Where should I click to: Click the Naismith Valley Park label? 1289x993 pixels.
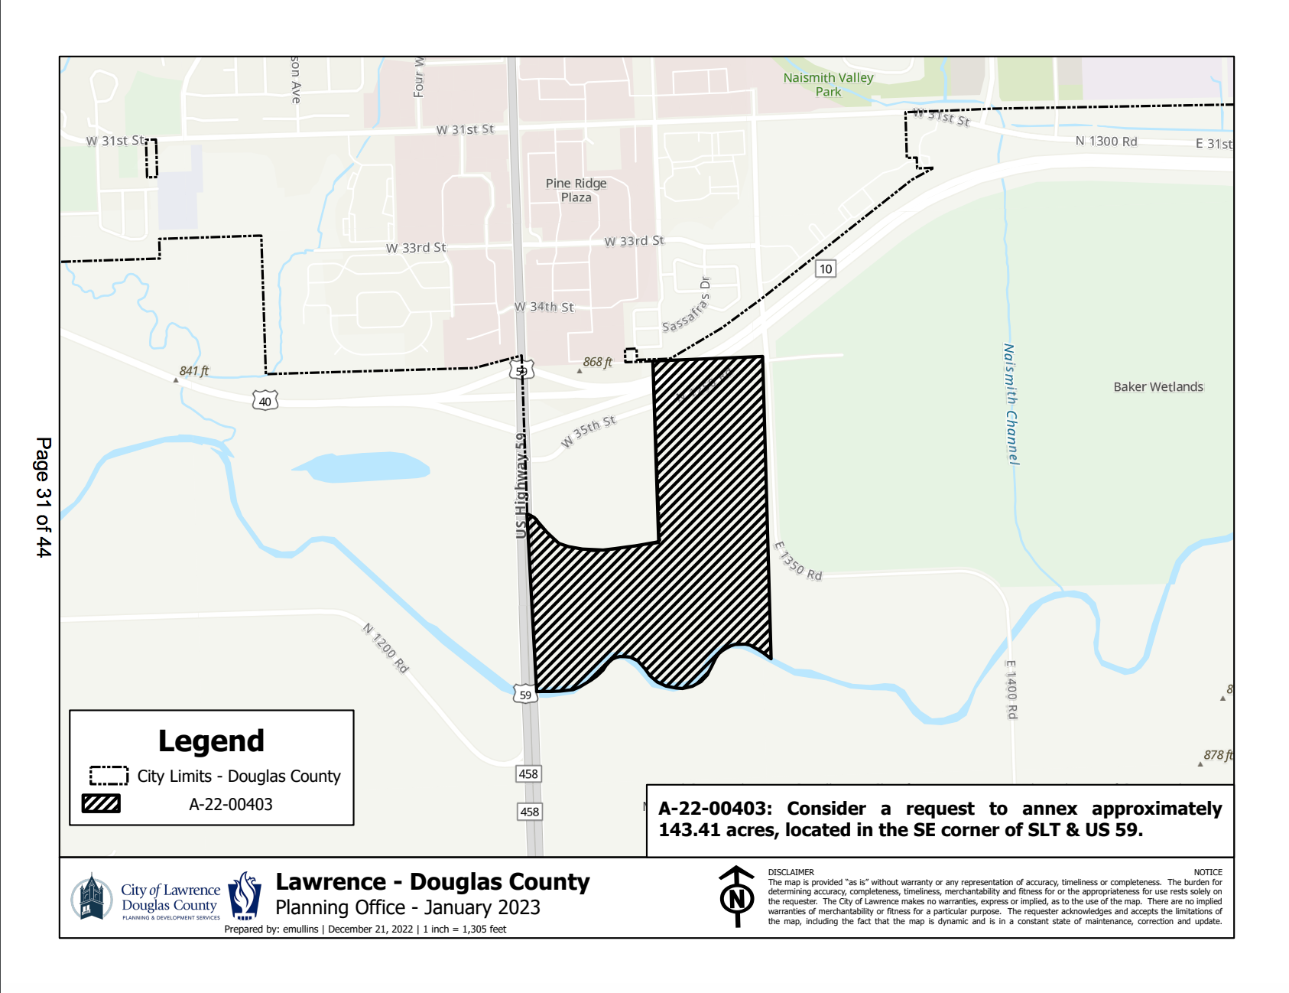tap(828, 84)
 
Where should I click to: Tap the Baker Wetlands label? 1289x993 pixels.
tap(1158, 386)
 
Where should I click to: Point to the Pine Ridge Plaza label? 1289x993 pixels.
tap(576, 190)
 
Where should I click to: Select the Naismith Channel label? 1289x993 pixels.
tap(1011, 404)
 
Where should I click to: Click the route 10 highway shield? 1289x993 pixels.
tap(825, 269)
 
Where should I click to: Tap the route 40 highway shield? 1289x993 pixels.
tap(265, 401)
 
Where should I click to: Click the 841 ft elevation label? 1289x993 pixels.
tap(193, 371)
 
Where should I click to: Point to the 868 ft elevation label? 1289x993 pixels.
tap(597, 362)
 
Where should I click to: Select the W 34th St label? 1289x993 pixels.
tap(544, 307)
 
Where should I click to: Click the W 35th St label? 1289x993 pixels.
tap(588, 431)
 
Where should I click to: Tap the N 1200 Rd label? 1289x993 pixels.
tap(385, 648)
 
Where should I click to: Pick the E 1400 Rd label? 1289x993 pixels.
tap(1011, 689)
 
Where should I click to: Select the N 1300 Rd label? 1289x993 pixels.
tap(1106, 142)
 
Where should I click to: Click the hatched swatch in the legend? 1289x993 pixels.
tap(101, 803)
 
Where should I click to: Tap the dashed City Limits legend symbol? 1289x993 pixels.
tap(109, 776)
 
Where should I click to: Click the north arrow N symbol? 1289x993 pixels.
tap(737, 897)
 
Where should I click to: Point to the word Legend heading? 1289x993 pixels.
tap(211, 741)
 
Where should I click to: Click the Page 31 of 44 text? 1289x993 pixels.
tap(44, 496)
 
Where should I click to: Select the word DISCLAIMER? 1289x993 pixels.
tap(791, 872)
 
